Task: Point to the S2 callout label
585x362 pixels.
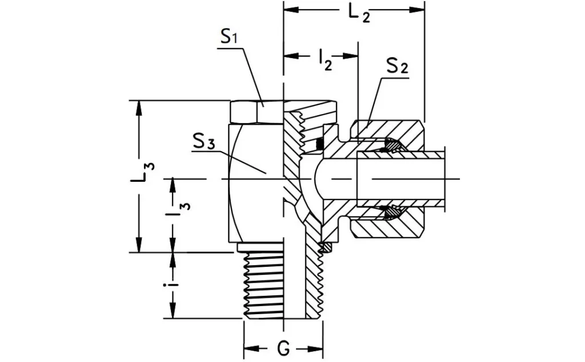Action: pos(396,66)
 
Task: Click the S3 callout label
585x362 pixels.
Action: pos(203,141)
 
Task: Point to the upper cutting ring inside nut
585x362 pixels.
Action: pos(393,147)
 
